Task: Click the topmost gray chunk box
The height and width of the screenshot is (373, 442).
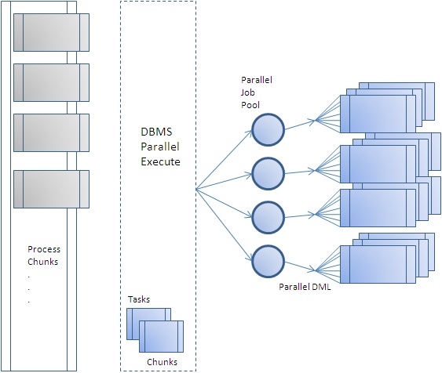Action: [x=51, y=31]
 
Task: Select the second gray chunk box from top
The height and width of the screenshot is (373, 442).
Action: [x=51, y=81]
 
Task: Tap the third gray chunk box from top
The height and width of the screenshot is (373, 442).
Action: [x=51, y=132]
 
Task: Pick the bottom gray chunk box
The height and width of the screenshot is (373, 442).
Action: [x=51, y=189]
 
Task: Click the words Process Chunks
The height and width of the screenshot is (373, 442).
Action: [x=43, y=255]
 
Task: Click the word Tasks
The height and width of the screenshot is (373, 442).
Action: [x=139, y=299]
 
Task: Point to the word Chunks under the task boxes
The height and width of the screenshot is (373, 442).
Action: [x=163, y=361]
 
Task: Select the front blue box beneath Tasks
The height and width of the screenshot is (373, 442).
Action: [x=161, y=338]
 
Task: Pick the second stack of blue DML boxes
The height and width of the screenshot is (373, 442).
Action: [x=377, y=164]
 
